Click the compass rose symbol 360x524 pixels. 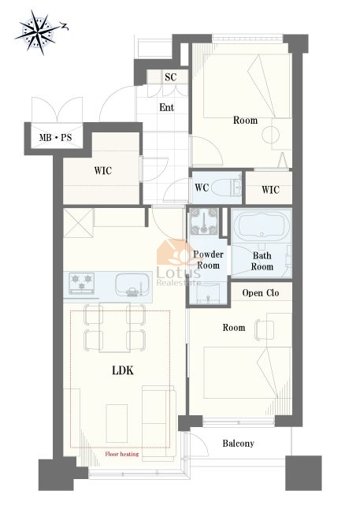pos(38,32)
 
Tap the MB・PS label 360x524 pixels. pos(55,137)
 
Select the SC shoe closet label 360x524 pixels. pos(170,77)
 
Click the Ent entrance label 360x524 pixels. pos(167,107)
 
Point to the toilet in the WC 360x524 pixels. pos(227,188)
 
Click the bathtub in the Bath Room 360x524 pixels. pos(262,226)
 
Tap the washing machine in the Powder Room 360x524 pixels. pos(204,221)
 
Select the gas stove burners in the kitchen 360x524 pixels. pos(81,282)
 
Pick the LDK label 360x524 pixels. pos(123,370)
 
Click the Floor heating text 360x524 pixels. pos(121,454)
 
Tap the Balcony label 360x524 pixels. pos(239,444)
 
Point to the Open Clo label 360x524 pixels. pos(261,293)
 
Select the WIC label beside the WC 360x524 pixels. pos(270,190)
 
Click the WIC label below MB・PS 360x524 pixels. pos(103,171)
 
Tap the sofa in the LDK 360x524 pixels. pos(159,423)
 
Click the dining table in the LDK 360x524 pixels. pos(114,328)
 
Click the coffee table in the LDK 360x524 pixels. pos(117,423)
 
